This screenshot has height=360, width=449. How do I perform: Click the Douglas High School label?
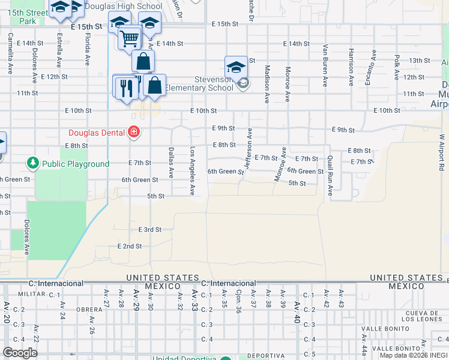coord(124,7)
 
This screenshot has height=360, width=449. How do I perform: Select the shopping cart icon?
coord(129,38)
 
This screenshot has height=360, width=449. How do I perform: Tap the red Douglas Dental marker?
coord(134,132)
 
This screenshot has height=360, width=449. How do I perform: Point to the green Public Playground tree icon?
coord(32,163)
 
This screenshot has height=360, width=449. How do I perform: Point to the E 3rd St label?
coord(150,230)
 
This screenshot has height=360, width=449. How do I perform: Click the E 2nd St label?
coord(130,246)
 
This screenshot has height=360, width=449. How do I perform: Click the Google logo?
coord(20,352)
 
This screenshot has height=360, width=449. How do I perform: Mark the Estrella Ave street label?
coord(59,53)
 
